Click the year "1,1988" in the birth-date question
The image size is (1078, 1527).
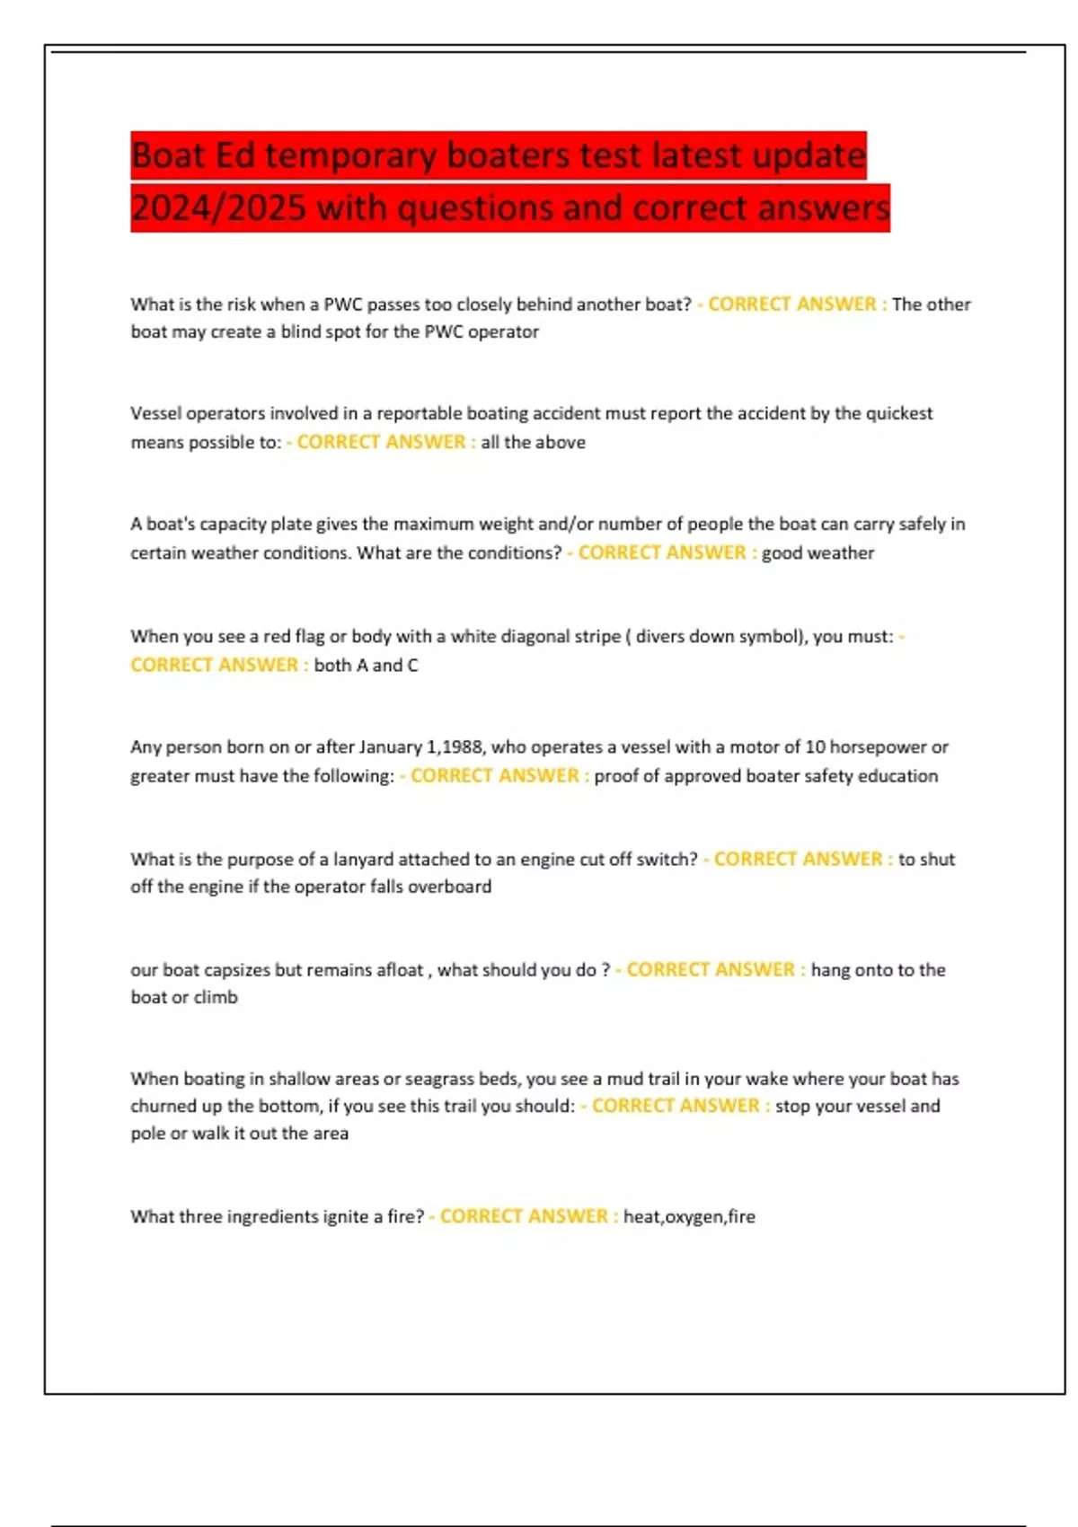coord(455,746)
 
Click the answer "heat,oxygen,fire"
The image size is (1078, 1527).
coord(689,1216)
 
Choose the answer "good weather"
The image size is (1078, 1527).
coord(817,552)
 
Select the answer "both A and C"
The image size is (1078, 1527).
coord(366,665)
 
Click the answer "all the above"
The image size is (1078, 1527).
coord(533,442)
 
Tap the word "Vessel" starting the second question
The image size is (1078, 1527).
coord(155,413)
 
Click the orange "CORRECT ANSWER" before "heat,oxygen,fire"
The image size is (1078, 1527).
coord(524,1216)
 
